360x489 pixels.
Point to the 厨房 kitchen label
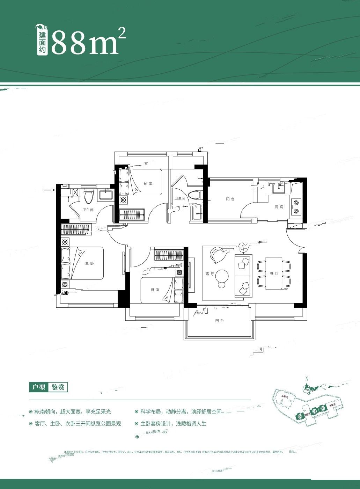279,207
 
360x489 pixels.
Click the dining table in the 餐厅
274,273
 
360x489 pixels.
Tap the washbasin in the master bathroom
105,195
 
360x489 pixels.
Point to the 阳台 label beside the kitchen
230,199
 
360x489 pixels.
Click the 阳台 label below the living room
219,321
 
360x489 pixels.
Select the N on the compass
306,379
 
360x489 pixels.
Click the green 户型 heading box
38,387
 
